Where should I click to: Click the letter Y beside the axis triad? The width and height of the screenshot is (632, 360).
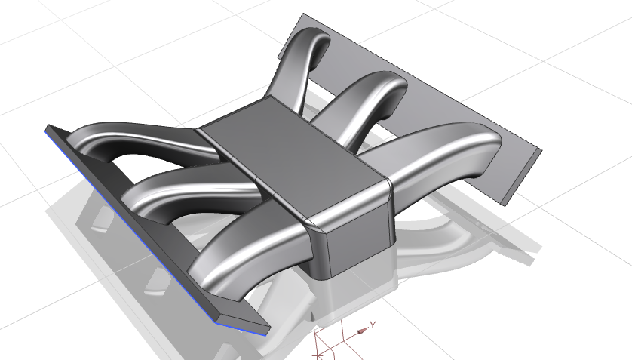click(373, 323)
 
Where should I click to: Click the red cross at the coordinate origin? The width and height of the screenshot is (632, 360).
click(319, 352)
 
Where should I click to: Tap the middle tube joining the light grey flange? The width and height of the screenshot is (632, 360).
click(370, 98)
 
